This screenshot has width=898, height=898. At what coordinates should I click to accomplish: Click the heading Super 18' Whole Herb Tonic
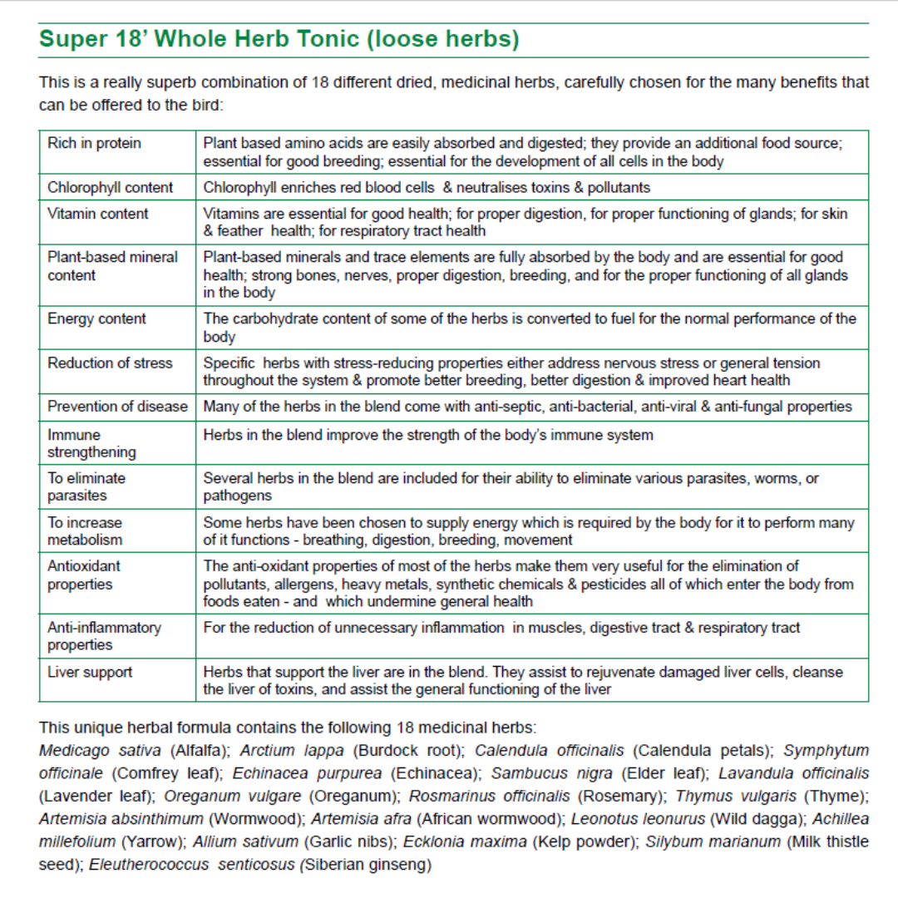[x=279, y=39]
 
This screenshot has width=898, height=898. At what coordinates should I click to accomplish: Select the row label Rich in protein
[x=94, y=143]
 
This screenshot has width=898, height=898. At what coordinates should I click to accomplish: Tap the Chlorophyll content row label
[x=110, y=187]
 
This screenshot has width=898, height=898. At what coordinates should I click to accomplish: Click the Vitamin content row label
[x=97, y=214]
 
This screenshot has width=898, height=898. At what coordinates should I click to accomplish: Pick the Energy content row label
[x=96, y=318]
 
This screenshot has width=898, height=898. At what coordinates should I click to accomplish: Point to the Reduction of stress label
[x=110, y=363]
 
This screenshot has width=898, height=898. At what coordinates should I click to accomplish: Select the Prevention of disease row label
[x=117, y=407]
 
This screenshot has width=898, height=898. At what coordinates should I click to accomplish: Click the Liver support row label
[x=90, y=671]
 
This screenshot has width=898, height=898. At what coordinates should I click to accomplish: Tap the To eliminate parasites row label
[x=86, y=486]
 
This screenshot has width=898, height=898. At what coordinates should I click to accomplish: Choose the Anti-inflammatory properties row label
[x=104, y=636]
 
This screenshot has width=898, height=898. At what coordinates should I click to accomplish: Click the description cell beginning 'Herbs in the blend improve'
[x=428, y=435]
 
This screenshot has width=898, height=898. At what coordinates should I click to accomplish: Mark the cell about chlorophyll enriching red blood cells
[x=427, y=187]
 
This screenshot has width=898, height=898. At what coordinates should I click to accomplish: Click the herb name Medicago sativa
[x=100, y=750]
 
